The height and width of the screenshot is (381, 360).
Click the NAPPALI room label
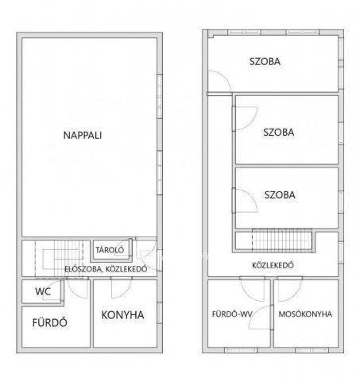pyautogui.click(x=83, y=135)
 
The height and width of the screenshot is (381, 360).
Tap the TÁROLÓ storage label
pyautogui.click(x=110, y=250)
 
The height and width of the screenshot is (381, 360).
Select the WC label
pyautogui.click(x=43, y=291)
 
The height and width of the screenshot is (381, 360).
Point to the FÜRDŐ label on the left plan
pyautogui.click(x=50, y=322)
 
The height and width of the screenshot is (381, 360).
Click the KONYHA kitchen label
pyautogui.click(x=123, y=315)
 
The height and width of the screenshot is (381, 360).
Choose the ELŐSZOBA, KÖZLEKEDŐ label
pyautogui.click(x=106, y=269)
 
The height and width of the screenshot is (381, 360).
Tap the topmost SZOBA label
pyautogui.click(x=265, y=61)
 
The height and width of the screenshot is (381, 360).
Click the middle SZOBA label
pyautogui.click(x=279, y=133)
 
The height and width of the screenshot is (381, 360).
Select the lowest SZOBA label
pyautogui.click(x=280, y=195)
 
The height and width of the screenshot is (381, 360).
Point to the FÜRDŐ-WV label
pyautogui.click(x=232, y=314)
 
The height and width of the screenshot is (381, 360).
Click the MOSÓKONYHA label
pyautogui.click(x=305, y=314)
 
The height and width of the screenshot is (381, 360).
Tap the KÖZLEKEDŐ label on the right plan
pyautogui.click(x=273, y=265)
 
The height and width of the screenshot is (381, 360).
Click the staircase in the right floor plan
pyautogui.click(x=282, y=241)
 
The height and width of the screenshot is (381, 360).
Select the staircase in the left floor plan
pyautogui.click(x=59, y=259)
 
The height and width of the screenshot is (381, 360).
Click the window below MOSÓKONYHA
pyautogui.click(x=312, y=350)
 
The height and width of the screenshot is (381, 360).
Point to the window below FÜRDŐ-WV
pyautogui.click(x=241, y=350)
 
